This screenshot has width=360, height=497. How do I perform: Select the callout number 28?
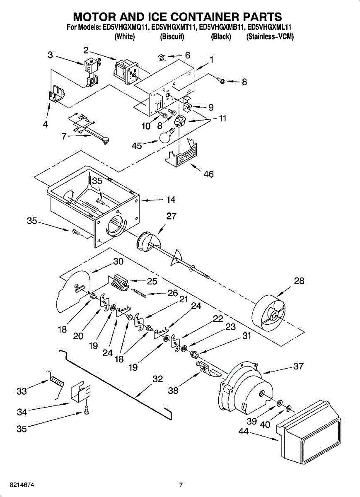tap(299, 281)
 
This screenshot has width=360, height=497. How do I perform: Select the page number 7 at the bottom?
tap(181, 485)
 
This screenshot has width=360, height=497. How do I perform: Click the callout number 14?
tap(171, 200)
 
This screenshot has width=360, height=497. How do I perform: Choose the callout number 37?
tap(298, 366)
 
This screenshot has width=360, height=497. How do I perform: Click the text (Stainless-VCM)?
tap(270, 37)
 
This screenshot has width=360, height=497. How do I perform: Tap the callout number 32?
tap(157, 379)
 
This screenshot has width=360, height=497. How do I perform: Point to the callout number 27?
tap(172, 216)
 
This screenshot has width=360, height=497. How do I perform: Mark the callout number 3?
tap(50, 55)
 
